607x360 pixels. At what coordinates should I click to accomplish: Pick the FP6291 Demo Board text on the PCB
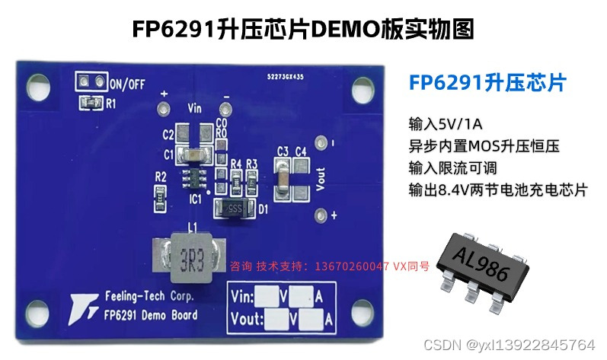tap(149, 314)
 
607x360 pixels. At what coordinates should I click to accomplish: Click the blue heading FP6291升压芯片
tap(487, 83)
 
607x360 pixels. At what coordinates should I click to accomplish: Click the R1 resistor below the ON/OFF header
tap(91, 100)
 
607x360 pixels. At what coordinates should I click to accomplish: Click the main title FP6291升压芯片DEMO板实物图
tap(303, 29)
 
